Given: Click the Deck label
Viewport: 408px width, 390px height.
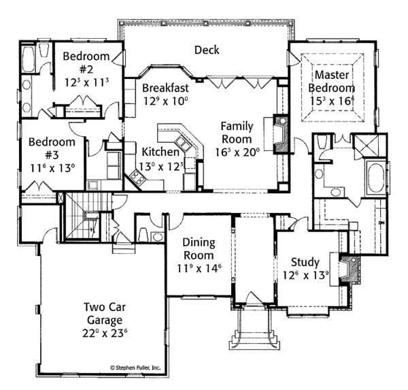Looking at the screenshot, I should point(206,50).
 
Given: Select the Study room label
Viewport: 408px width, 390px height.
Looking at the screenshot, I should point(304,262).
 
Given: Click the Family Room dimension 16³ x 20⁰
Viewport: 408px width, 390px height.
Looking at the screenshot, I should point(238,152).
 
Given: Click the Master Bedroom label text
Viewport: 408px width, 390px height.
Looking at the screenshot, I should point(331,82).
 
